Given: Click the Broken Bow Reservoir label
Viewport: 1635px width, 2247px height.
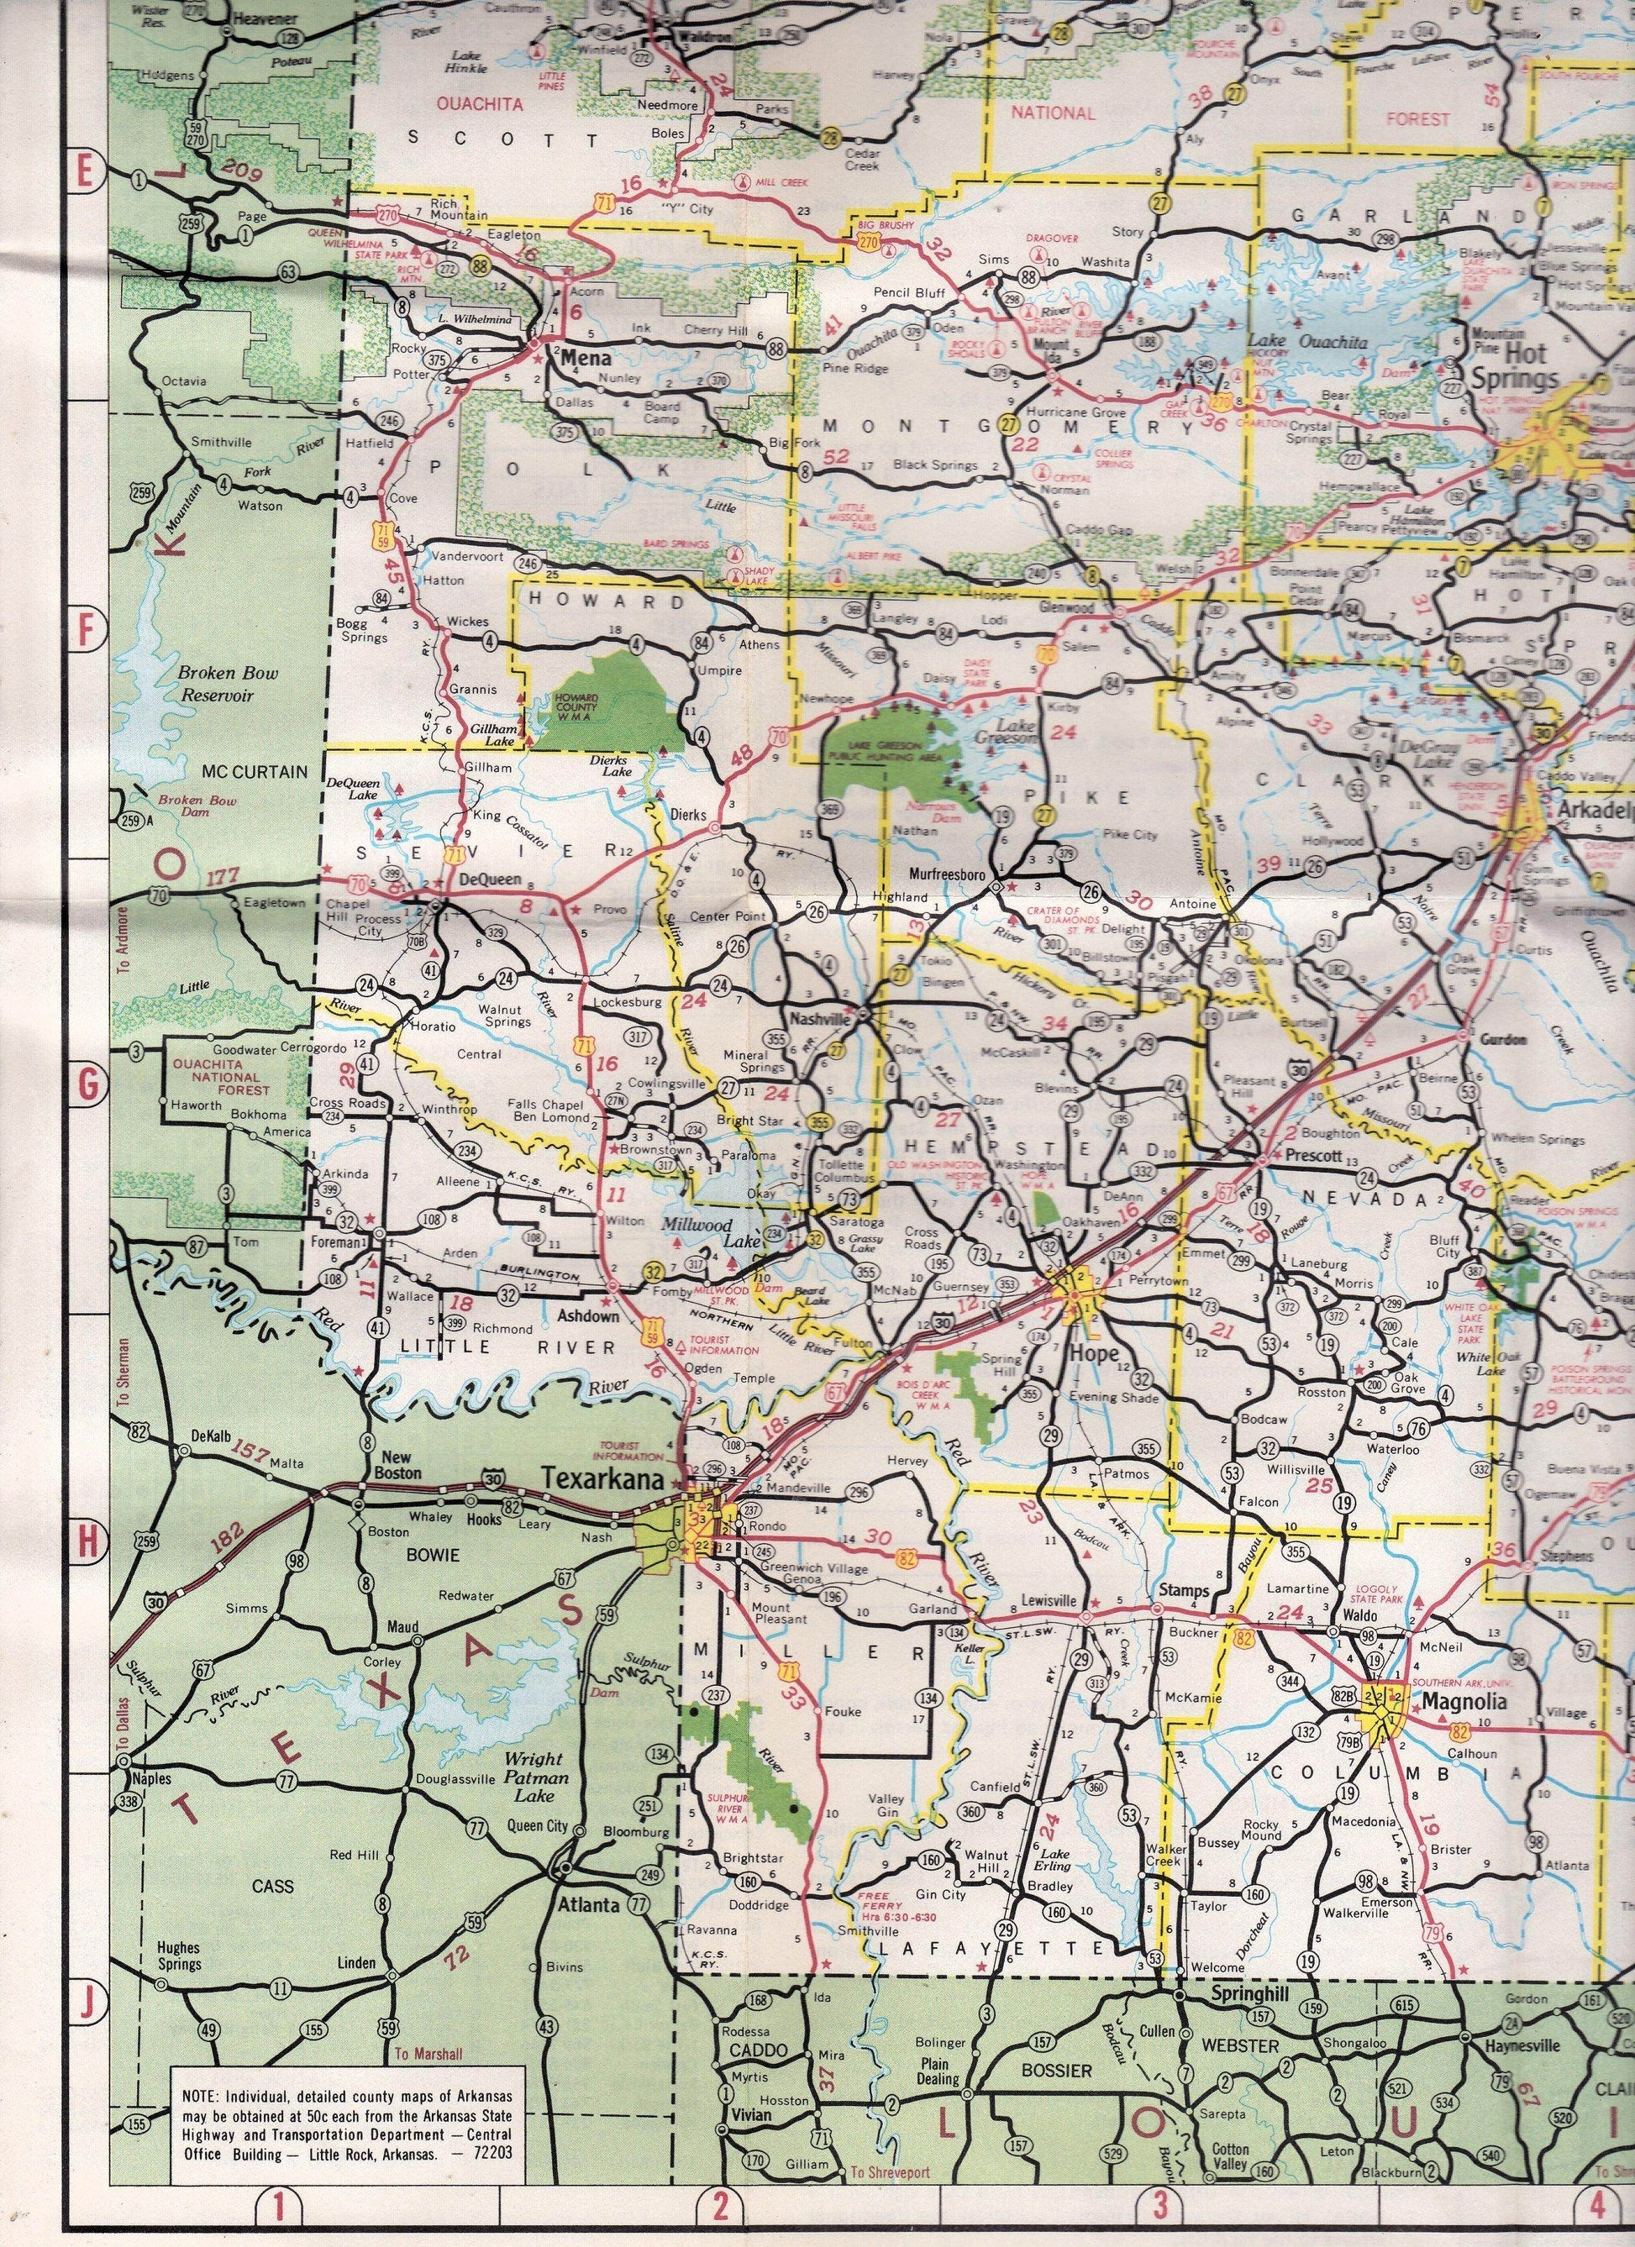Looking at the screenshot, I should (x=216, y=684).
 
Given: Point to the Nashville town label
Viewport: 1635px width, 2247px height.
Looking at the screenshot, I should (x=818, y=1020).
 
